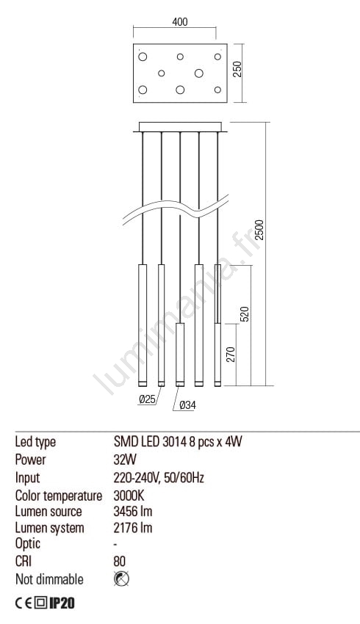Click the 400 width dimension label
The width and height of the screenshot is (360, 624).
[x=180, y=21]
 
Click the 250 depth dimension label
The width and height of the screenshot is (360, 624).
[x=237, y=70]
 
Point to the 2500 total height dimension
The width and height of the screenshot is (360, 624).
[x=259, y=230]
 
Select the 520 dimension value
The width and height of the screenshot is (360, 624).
[x=245, y=314]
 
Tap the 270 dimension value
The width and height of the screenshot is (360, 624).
[x=231, y=355]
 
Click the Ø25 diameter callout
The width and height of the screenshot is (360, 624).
[x=148, y=399]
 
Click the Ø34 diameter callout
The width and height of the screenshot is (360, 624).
[x=187, y=405]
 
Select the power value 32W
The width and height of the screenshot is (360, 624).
[x=125, y=460]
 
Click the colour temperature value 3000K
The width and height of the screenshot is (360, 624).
[x=129, y=496]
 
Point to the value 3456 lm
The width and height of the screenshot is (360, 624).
[x=133, y=512]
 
